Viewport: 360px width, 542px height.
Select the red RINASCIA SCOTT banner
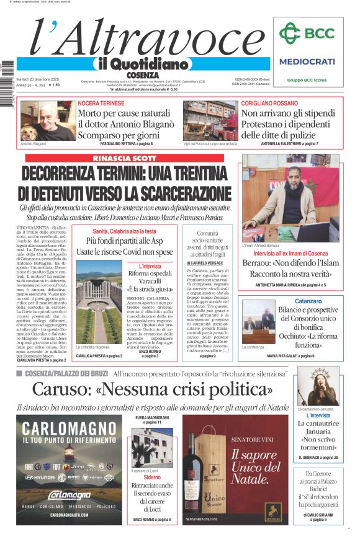click(x=125, y=158)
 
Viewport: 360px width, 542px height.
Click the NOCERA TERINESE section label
click(x=101, y=103)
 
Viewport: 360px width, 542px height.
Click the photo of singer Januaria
click(x=317, y=386)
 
